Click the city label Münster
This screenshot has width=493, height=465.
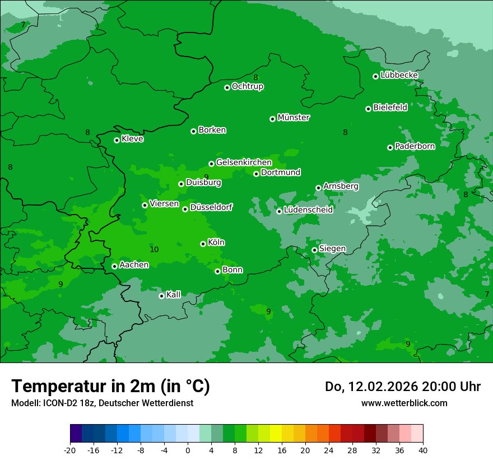(x=294, y=118)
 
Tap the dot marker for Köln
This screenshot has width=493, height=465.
(x=203, y=244)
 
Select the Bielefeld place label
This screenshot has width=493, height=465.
(x=390, y=108)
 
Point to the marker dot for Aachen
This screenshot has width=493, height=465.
(x=114, y=266)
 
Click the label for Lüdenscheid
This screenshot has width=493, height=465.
(x=308, y=210)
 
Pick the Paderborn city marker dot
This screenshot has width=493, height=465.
(x=390, y=147)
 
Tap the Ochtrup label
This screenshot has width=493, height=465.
(x=248, y=86)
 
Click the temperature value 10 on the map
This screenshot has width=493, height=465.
(x=154, y=249)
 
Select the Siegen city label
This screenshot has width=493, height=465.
(x=332, y=249)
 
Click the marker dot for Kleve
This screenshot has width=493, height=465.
(x=117, y=140)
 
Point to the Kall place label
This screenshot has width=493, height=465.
(x=174, y=295)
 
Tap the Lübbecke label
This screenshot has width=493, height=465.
(x=399, y=75)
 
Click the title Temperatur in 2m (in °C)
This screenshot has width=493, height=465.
(x=110, y=386)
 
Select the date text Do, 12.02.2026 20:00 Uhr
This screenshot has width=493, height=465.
(x=402, y=387)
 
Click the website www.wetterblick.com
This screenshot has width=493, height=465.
(x=404, y=403)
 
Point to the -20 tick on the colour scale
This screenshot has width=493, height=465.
(x=70, y=450)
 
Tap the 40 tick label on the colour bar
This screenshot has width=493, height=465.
(x=423, y=450)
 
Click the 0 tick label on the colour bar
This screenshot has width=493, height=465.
(x=188, y=450)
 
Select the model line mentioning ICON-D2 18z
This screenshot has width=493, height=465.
(x=102, y=403)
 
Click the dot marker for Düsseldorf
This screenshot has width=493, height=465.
(x=185, y=209)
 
